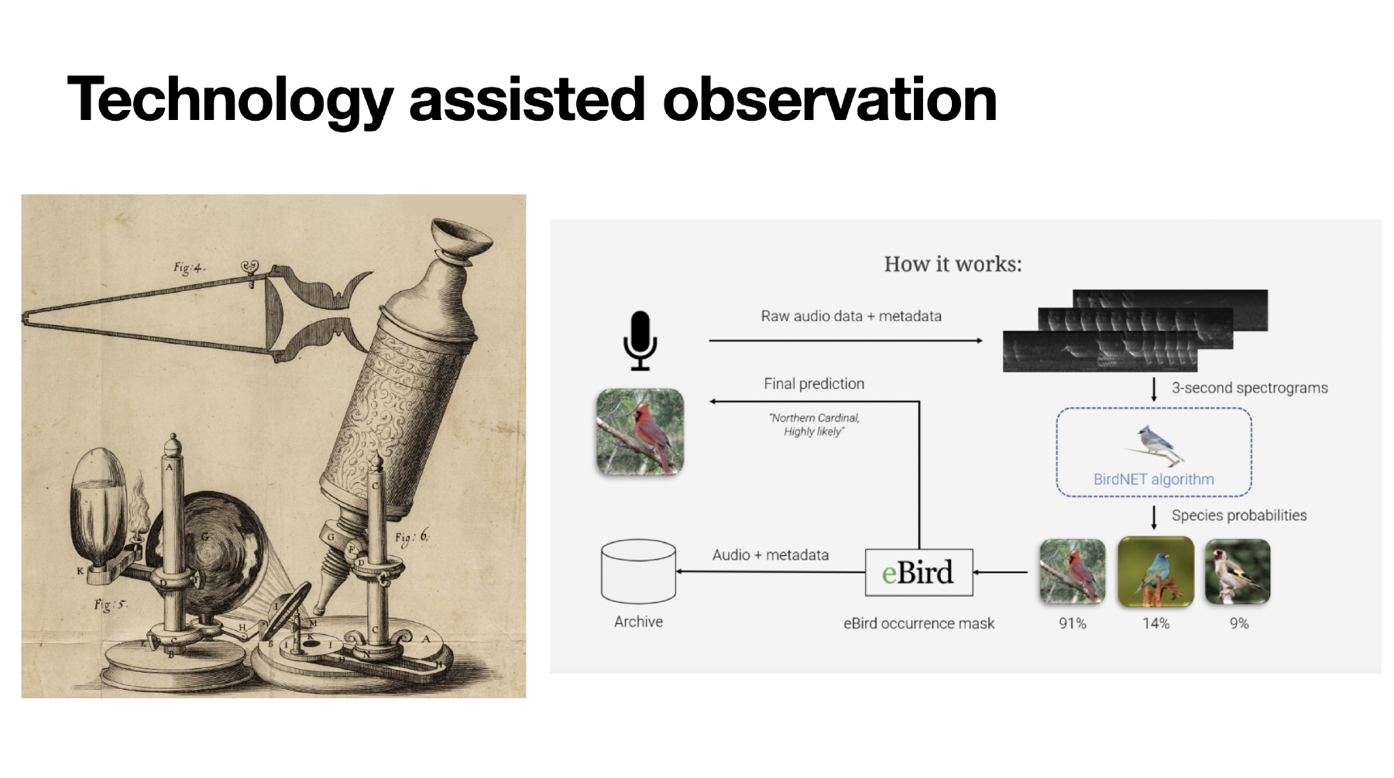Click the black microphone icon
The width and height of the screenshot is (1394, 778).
click(640, 341)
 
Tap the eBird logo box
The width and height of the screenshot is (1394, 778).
click(918, 572)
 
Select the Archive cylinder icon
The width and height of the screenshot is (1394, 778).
click(638, 571)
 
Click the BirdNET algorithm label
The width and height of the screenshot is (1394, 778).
click(1153, 479)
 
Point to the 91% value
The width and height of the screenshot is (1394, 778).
click(1073, 623)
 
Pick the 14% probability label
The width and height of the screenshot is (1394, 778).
click(1155, 623)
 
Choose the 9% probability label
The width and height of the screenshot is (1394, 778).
click(1239, 623)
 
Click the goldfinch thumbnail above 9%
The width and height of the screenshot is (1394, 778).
click(1238, 572)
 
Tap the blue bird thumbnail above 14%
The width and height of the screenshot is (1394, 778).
click(1155, 572)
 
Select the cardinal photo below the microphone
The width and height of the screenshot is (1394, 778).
click(640, 432)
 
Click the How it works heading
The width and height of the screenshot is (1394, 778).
click(953, 264)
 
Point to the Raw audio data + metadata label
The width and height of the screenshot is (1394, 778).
click(851, 316)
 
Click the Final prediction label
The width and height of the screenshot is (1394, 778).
click(814, 383)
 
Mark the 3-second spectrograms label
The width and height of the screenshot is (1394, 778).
click(1249, 388)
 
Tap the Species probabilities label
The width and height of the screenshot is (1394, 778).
click(1239, 516)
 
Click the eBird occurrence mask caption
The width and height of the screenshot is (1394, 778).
click(918, 623)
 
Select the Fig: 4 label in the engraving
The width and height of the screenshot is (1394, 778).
click(189, 268)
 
